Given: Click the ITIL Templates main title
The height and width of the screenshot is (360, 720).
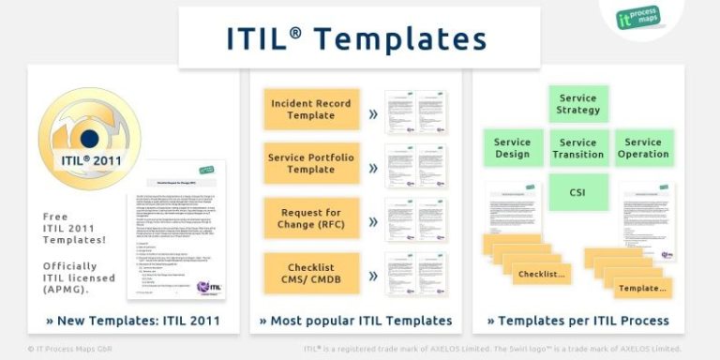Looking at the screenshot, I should point(357,37).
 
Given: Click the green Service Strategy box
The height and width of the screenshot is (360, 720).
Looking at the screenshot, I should point(578,104).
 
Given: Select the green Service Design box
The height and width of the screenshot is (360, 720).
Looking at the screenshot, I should point(512,148).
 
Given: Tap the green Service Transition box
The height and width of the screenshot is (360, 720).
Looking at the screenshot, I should point(578,148).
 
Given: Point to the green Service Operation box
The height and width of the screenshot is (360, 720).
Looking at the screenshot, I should point(644,148).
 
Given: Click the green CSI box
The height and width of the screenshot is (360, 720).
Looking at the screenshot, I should point(578,192).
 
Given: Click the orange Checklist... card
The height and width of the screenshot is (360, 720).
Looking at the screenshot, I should point(542,275).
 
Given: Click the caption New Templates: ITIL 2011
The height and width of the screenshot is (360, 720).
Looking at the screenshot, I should point(133,321).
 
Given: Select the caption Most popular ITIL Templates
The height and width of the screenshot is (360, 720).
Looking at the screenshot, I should point(355,321).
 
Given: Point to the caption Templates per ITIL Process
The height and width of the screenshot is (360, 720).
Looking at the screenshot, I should point(577,321).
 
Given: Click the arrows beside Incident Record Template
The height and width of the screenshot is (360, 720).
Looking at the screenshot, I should point(373,113).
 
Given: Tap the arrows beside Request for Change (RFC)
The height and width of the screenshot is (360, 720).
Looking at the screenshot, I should point(373,222).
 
